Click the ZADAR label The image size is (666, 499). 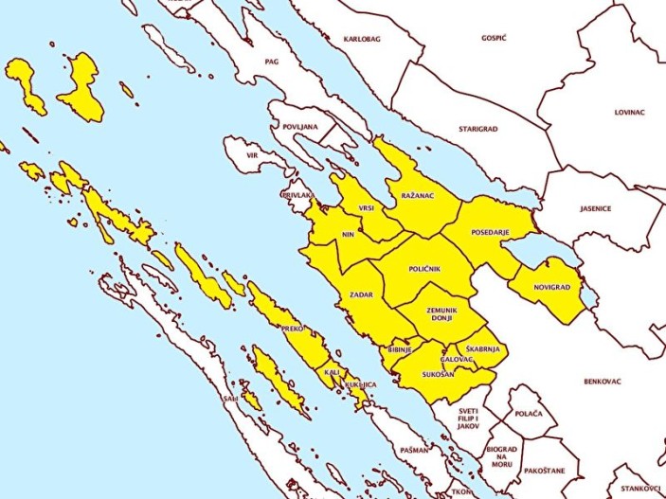(361, 295)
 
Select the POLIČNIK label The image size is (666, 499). (425, 270)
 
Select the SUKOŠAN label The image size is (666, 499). (439, 374)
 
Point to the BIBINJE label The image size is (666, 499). (400, 350)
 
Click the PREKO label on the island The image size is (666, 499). (291, 329)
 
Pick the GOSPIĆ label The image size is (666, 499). (494, 37)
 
